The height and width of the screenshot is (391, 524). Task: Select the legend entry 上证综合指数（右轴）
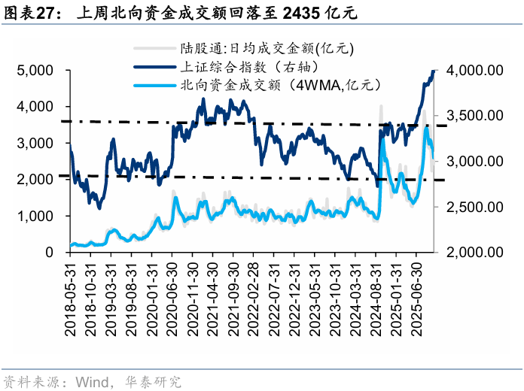(x=239, y=66)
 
